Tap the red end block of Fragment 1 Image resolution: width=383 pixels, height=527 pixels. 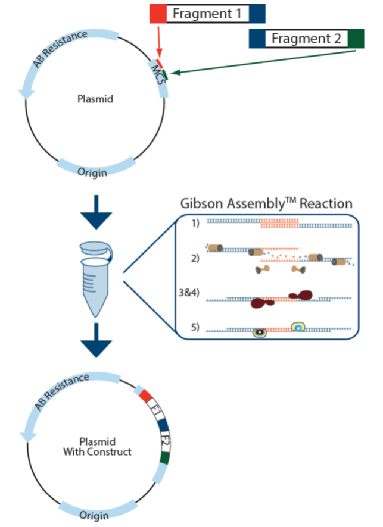[x=158, y=13]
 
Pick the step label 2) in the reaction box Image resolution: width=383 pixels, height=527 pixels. [x=195, y=258]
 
